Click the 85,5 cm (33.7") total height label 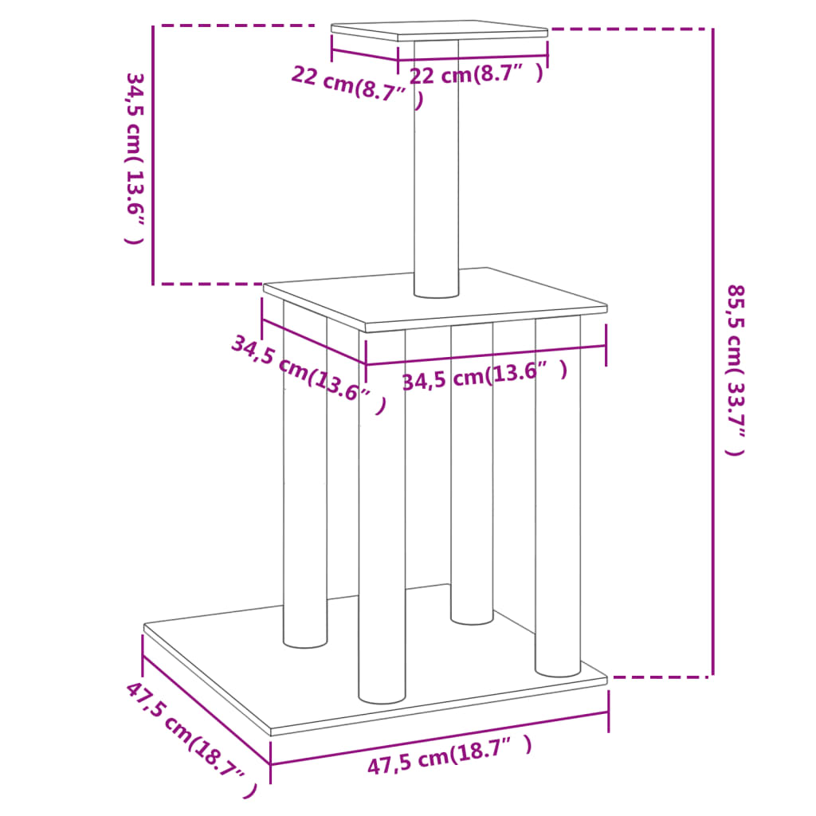pos(736,370)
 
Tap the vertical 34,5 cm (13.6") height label pos(135,158)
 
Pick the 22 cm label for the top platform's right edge pos(476,75)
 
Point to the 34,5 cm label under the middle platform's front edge pos(484,375)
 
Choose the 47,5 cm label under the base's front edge pos(448,755)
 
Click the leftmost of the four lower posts pos(305,478)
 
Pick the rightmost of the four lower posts pos(558,494)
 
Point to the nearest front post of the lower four pos(382,518)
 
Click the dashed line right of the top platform pos(630,29)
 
